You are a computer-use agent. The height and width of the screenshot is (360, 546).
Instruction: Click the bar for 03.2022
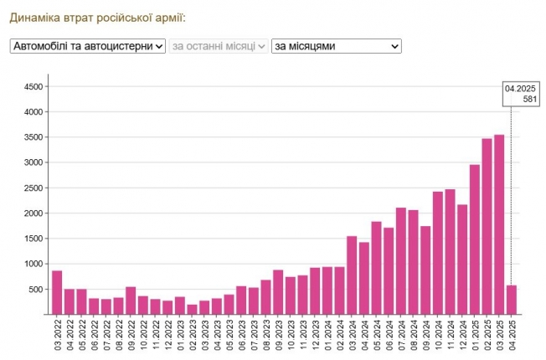click(57, 293)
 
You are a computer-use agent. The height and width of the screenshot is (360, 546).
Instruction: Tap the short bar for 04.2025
click(511, 300)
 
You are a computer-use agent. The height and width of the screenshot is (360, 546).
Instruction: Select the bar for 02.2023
click(192, 309)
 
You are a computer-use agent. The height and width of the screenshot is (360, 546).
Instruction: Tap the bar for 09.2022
click(131, 301)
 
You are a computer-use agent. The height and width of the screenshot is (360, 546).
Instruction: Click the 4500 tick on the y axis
click(33, 87)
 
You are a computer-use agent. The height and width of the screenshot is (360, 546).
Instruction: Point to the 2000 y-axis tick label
click(33, 213)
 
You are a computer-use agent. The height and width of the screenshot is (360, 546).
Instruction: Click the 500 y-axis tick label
click(36, 290)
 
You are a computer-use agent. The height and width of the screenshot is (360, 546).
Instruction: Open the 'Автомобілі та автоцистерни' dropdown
click(88, 46)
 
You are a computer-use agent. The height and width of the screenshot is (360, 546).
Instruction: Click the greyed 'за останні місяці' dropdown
click(219, 46)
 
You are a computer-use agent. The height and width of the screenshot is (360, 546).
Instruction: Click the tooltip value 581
click(528, 99)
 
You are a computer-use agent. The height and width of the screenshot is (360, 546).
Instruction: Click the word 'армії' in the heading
click(166, 17)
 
